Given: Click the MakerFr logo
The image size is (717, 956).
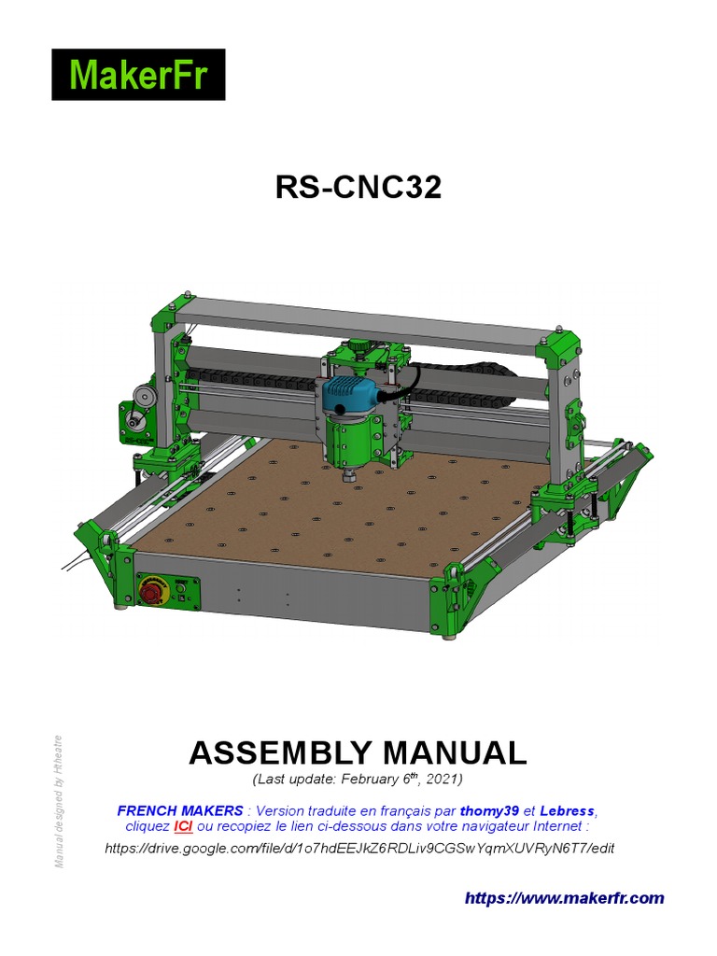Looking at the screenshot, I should (x=137, y=75).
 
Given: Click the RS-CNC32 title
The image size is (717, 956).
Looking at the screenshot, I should (x=358, y=188).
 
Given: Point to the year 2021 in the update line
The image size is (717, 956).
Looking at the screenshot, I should (x=443, y=779).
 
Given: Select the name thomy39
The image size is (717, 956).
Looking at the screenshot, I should (x=489, y=809).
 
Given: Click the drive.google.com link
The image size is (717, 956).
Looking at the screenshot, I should (x=359, y=848).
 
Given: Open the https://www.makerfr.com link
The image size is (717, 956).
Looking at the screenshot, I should (x=565, y=898).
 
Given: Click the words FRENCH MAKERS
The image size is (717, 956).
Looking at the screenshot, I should (x=179, y=809).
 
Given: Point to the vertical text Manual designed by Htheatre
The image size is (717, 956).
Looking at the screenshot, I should (x=59, y=801).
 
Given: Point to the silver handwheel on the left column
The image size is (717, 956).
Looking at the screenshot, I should (x=142, y=397).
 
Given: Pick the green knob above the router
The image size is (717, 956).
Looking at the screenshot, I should (x=358, y=348).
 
